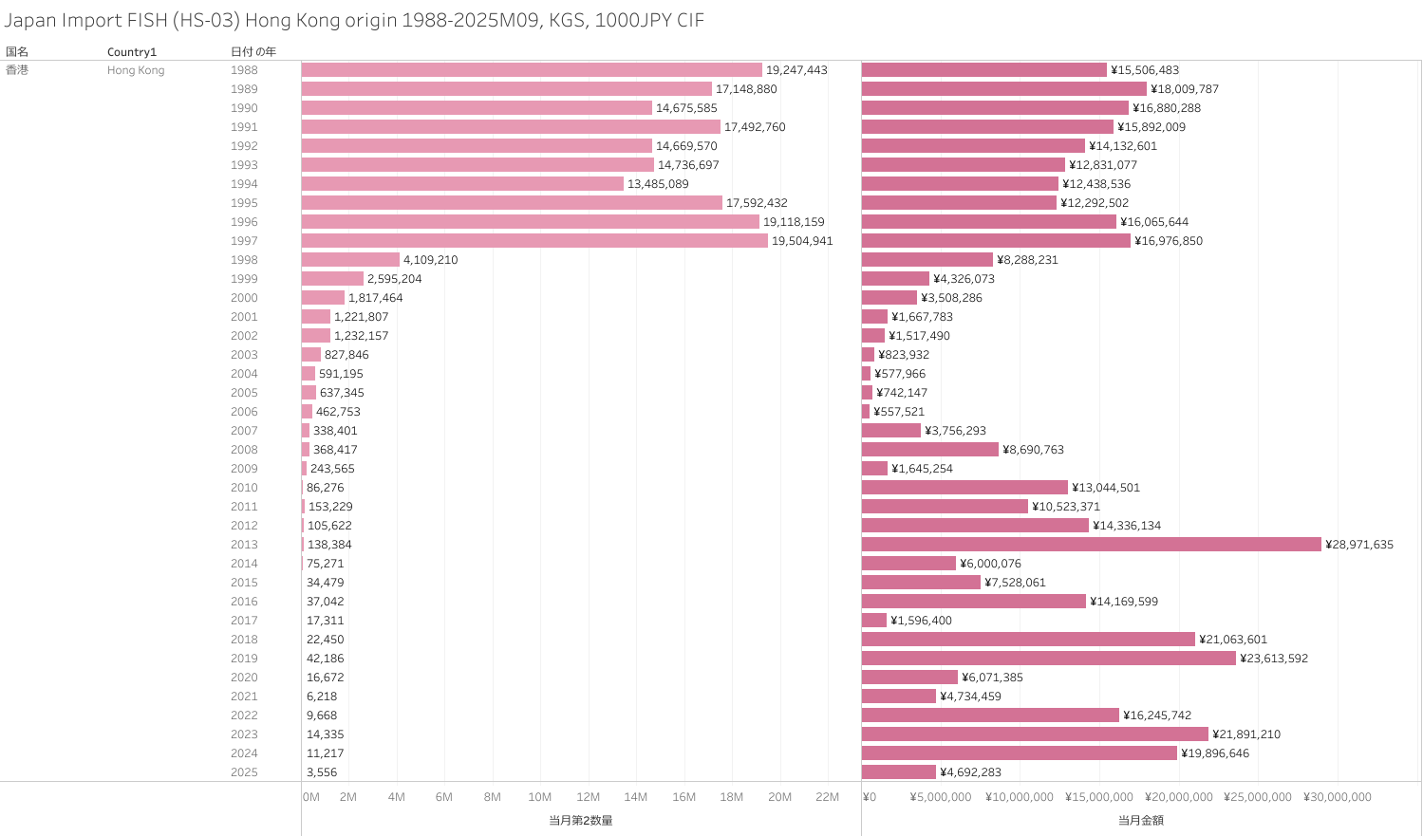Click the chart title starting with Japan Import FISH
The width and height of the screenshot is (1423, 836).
click(354, 20)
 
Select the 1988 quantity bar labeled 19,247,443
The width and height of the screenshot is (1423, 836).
click(532, 70)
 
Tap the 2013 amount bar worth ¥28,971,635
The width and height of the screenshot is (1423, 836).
click(1091, 545)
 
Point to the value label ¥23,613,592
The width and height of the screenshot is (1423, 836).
click(1273, 659)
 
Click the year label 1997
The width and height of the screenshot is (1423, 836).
click(244, 241)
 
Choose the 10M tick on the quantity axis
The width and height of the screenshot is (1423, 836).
click(539, 797)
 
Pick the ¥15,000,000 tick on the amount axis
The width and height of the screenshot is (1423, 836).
click(1098, 797)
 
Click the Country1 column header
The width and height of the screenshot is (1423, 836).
click(132, 52)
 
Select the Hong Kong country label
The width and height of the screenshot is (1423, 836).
click(136, 70)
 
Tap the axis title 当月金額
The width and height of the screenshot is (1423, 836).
click(1140, 820)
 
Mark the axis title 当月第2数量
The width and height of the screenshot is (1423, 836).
click(580, 820)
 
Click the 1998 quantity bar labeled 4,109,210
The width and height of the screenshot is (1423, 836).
click(350, 260)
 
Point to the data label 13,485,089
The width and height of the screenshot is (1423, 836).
click(658, 184)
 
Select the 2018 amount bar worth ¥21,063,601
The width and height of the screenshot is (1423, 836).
click(1028, 640)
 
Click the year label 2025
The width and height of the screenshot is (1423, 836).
click(244, 772)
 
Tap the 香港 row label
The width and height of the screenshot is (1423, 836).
click(17, 70)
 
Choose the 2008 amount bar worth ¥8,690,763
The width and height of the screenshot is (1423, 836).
click(930, 450)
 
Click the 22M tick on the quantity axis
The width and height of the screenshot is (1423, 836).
click(827, 797)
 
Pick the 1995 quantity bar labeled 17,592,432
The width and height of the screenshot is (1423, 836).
click(512, 203)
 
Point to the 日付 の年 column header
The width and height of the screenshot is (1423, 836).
click(253, 52)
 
